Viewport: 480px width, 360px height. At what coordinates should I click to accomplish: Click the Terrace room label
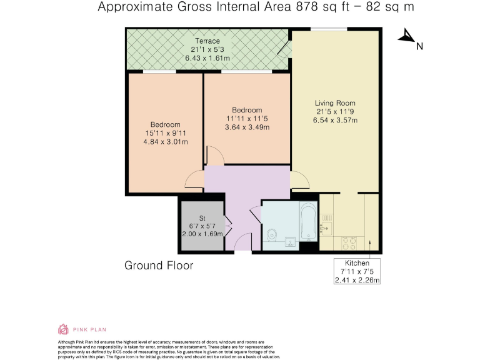(207, 41)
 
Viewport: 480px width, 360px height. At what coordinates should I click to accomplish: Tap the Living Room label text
(335, 103)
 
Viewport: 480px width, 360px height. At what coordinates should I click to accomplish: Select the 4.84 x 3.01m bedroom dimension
(166, 142)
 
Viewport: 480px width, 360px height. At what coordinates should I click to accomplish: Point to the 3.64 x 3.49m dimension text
(247, 127)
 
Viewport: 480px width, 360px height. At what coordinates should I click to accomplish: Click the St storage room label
(202, 218)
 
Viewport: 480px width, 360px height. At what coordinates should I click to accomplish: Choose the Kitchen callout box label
(357, 263)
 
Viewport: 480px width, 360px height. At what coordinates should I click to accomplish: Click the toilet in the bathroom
(272, 235)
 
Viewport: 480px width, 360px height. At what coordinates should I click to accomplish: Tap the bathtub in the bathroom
(308, 221)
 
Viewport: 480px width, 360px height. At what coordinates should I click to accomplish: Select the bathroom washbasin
(290, 242)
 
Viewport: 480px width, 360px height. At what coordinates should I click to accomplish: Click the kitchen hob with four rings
(349, 243)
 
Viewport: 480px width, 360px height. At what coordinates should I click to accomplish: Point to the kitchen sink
(326, 228)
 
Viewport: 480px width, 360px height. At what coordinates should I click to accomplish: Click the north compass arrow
(406, 35)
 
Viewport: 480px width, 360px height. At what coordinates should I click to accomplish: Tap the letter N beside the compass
(420, 46)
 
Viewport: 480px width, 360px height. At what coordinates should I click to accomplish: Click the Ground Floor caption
(159, 266)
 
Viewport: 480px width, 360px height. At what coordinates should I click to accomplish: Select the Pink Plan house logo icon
(63, 329)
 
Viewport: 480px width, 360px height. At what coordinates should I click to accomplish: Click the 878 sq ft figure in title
(322, 6)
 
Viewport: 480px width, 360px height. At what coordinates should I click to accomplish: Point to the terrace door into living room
(284, 49)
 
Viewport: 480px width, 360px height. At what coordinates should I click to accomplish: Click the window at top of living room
(329, 29)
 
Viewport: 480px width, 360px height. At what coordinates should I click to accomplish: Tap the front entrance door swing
(243, 242)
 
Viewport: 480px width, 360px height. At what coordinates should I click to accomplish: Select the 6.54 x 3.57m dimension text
(335, 120)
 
